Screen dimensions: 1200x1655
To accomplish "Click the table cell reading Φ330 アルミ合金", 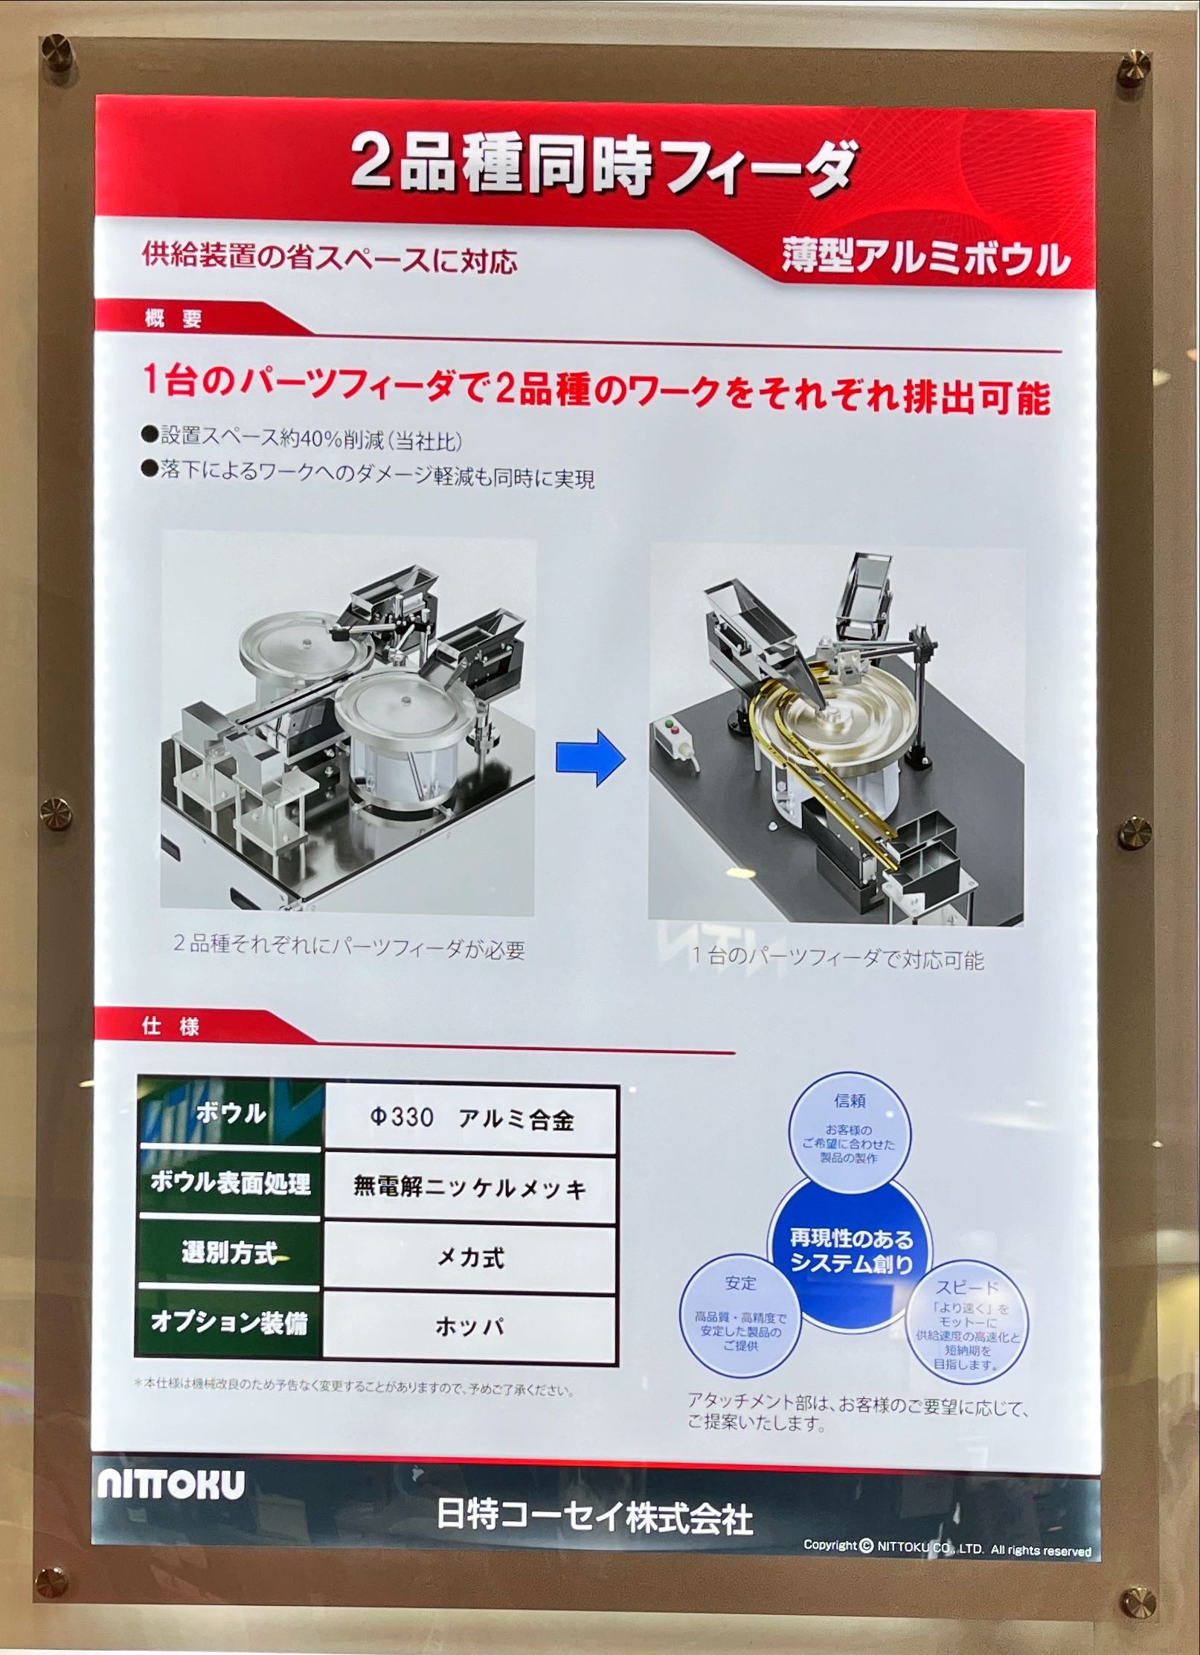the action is (472, 1118).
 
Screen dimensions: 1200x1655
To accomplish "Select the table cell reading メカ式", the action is (470, 1258).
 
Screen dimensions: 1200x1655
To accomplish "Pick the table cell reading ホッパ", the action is (469, 1326).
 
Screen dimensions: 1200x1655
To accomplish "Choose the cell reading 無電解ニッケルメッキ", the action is (470, 1188).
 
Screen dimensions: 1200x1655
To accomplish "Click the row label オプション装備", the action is (229, 1322).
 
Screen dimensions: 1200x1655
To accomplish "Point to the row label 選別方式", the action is (230, 1252).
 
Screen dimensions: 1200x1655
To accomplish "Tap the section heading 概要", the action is (173, 318).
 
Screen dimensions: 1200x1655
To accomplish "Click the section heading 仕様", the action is (170, 1026).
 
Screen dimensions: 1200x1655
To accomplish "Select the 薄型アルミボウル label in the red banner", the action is (925, 257).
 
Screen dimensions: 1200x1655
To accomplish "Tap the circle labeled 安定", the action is (740, 1313).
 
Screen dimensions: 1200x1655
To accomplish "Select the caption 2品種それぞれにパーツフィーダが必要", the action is (349, 947).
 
